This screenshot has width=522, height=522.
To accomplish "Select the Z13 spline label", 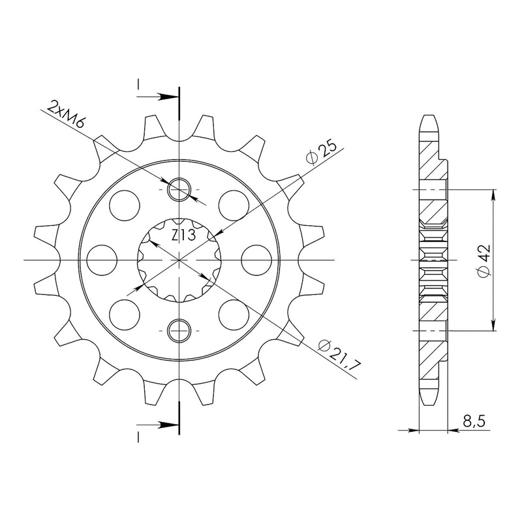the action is (184, 236).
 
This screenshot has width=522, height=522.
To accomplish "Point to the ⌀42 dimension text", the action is (484, 260).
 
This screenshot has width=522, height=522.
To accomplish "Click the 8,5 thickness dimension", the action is (474, 422).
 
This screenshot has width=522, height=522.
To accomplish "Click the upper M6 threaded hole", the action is (179, 190).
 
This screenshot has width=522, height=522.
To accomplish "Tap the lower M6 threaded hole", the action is (179, 331).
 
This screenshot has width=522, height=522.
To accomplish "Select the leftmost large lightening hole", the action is (102, 260).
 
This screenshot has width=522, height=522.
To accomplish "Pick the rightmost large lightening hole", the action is (256, 260).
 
